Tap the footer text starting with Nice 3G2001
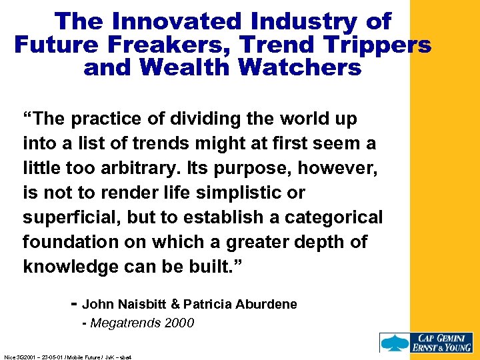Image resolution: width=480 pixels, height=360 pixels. click(67, 357)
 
